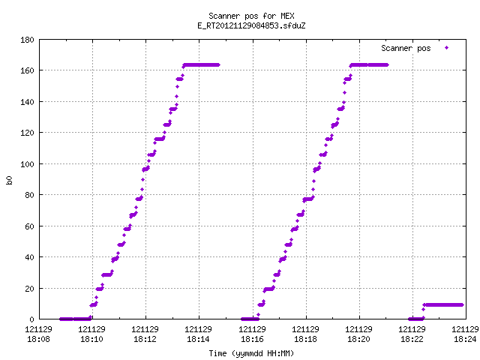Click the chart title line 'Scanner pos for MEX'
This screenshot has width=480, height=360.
[251, 16]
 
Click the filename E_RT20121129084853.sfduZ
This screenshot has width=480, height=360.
[251, 25]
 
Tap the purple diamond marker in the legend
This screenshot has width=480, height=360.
[447, 48]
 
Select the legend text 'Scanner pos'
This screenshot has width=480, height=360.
[406, 48]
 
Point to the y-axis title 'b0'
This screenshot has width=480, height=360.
[9, 180]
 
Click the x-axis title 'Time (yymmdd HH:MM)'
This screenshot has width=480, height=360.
[251, 353]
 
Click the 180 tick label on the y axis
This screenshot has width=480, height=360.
[27, 40]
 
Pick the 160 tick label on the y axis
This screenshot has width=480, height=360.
[27, 70]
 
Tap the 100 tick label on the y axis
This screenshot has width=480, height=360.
[27, 164]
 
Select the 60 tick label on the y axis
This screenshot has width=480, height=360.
[29, 226]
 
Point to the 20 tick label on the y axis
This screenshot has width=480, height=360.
[29, 289]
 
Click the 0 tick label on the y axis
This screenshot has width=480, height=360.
[31, 319]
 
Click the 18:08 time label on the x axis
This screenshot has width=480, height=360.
[38, 339]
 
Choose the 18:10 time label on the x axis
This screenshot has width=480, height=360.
[91, 339]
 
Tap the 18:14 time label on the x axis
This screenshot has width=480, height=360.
[198, 339]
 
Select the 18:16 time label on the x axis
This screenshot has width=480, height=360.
[252, 339]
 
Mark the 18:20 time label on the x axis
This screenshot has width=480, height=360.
[358, 339]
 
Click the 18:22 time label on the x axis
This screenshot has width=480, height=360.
[412, 339]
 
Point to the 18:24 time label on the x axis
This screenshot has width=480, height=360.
[465, 339]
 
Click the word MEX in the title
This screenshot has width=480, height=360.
[287, 16]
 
